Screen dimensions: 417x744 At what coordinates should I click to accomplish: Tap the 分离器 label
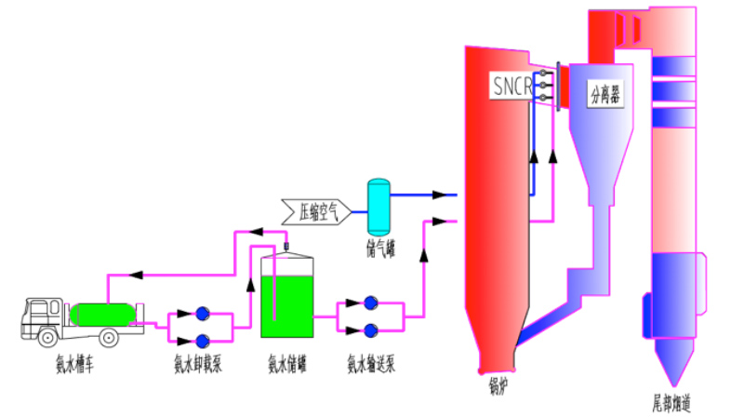[x=605, y=93]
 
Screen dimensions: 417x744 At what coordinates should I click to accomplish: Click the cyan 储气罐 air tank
[x=379, y=208]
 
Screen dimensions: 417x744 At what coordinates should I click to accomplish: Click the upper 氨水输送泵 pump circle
[x=370, y=303]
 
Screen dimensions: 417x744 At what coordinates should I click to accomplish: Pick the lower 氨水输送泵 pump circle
[x=370, y=330]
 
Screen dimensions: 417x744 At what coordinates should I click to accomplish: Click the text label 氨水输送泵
[x=370, y=364]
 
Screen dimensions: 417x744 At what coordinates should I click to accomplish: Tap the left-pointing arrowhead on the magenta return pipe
[x=136, y=275]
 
